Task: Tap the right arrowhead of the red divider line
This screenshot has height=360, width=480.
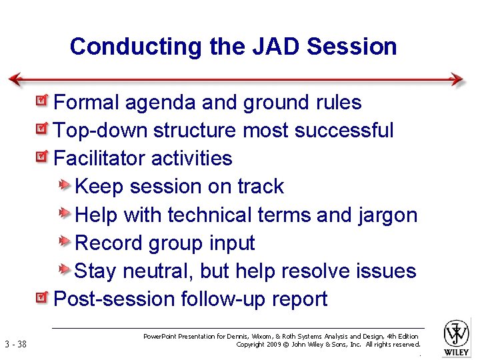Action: coord(457,79)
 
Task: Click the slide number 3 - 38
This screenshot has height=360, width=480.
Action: coord(15,345)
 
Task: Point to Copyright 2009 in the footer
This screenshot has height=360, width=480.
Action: coord(257,345)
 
